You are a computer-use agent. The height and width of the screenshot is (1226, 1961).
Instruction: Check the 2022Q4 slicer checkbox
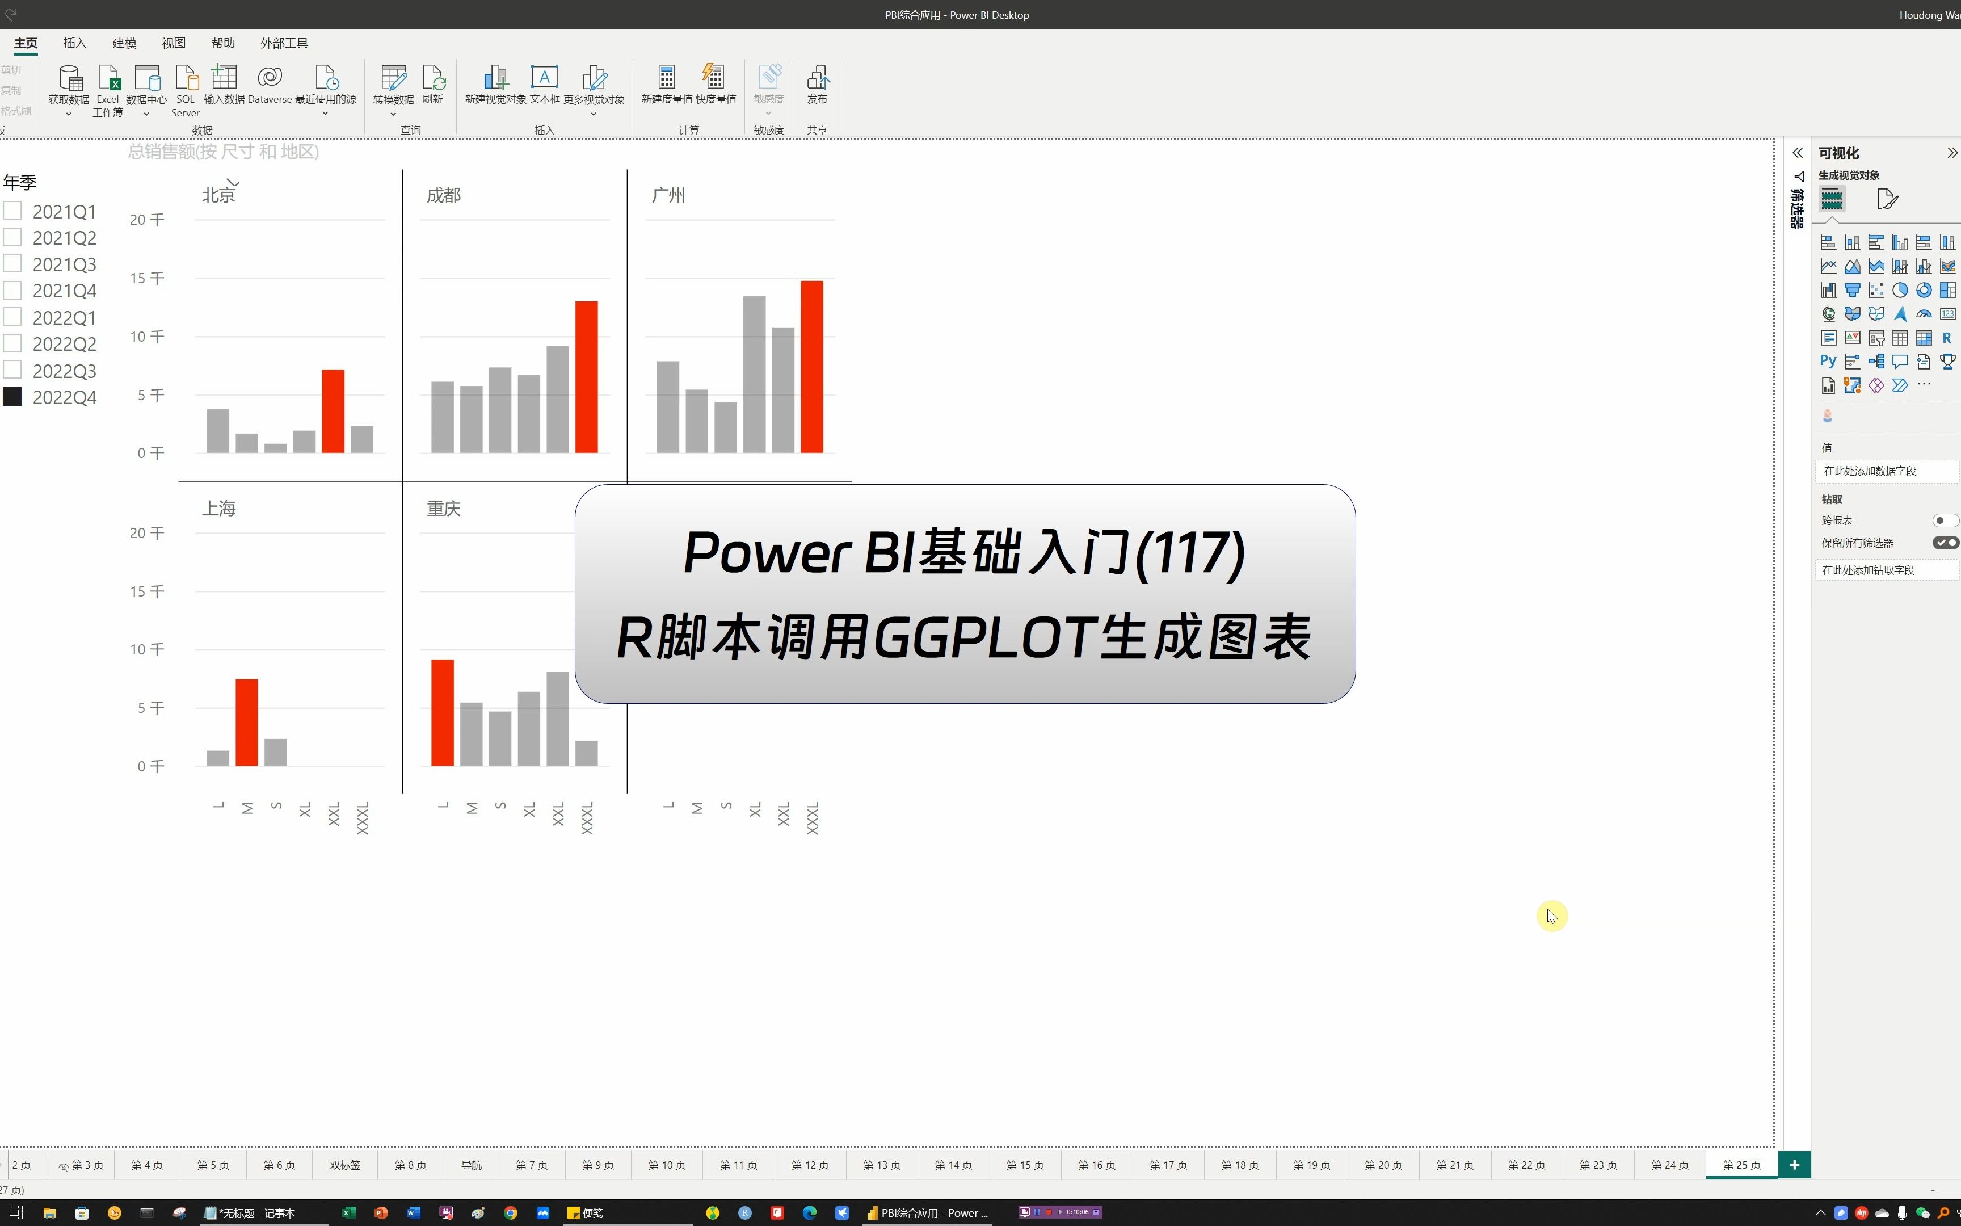coord(12,397)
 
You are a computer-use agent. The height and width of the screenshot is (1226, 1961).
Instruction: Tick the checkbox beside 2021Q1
coord(12,211)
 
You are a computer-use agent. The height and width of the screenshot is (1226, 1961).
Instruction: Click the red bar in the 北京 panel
coord(333,411)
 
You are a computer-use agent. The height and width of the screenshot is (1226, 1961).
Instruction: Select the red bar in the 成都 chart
coord(587,377)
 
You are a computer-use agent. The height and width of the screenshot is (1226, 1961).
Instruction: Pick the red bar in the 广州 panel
coord(812,367)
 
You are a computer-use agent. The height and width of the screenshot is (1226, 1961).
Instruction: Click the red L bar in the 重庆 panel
coord(443,713)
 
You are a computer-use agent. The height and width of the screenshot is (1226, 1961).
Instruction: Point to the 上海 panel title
coord(219,509)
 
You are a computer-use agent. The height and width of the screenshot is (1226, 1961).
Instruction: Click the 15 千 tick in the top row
coord(146,278)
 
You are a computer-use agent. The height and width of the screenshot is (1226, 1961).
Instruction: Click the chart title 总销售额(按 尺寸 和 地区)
coord(224,152)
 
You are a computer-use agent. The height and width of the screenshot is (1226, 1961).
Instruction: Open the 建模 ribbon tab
coord(124,43)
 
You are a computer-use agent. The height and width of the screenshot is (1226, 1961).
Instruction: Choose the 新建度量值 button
coord(667,85)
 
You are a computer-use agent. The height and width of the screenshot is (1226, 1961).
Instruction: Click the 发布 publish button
coord(817,85)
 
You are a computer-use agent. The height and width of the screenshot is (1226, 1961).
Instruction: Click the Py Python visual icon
coord(1828,362)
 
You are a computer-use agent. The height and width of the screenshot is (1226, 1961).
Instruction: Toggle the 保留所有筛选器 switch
coord(1945,543)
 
